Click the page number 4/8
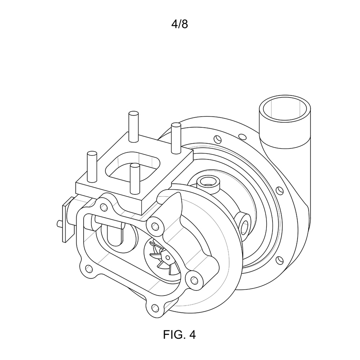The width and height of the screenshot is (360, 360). pyautogui.click(x=180, y=24)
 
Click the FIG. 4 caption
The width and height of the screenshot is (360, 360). pyautogui.click(x=179, y=334)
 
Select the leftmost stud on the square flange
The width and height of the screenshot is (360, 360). pyautogui.click(x=92, y=167)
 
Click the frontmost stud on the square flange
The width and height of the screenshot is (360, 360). pyautogui.click(x=135, y=179)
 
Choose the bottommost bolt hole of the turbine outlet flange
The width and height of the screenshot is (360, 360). pyautogui.click(x=156, y=308)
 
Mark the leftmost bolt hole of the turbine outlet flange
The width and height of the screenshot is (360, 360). pyautogui.click(x=89, y=268)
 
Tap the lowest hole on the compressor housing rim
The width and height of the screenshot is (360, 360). pyautogui.click(x=279, y=260)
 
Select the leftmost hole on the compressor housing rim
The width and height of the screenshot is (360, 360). pyautogui.click(x=217, y=139)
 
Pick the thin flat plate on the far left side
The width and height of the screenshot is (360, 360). pyautogui.click(x=68, y=220)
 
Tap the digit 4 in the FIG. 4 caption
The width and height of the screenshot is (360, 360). pyautogui.click(x=192, y=334)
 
